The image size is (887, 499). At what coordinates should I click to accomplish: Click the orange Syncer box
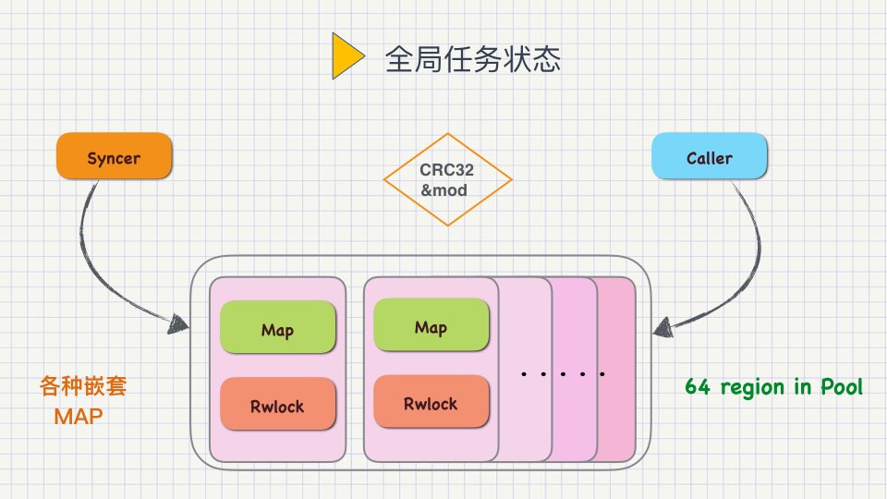point(114,156)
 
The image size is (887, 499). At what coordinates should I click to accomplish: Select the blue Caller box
point(710,156)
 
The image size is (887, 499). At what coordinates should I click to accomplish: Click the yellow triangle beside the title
point(346,58)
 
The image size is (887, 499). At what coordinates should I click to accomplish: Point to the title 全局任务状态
point(473,60)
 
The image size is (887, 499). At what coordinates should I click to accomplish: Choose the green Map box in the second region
point(431,326)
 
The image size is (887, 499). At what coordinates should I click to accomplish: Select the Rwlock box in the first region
point(277,405)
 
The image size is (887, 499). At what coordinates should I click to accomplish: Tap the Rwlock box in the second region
point(431,402)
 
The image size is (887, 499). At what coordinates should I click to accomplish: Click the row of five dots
point(563,374)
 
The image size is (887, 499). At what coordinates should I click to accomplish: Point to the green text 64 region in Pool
point(773,386)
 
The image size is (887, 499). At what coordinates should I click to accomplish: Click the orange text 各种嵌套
point(83,385)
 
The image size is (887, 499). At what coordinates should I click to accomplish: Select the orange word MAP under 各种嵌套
point(78,417)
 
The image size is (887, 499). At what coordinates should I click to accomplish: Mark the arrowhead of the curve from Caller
point(662,325)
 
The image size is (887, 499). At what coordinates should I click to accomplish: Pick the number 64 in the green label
point(697,386)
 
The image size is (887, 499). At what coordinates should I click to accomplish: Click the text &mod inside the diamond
point(444,191)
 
